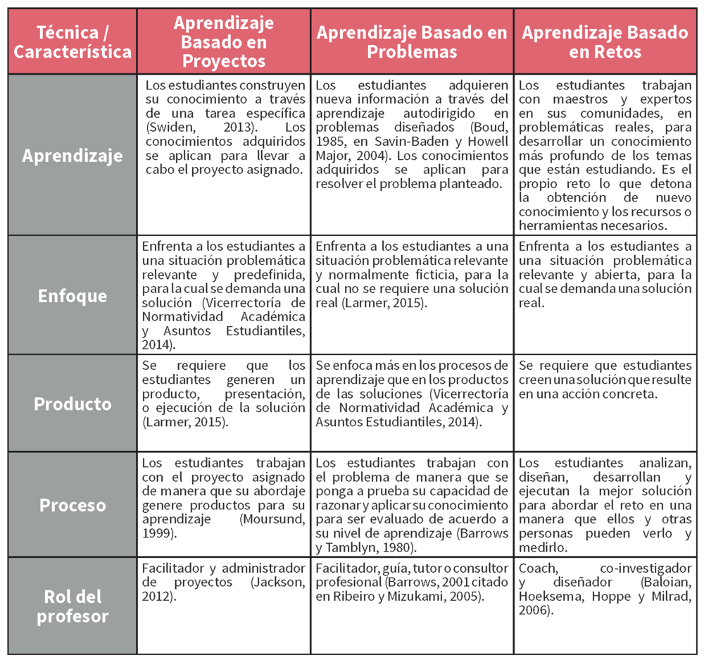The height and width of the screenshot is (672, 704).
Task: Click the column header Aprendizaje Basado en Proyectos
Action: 224,42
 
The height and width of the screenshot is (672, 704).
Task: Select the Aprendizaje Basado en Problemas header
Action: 412,42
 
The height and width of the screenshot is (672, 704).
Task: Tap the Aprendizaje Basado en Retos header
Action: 605,42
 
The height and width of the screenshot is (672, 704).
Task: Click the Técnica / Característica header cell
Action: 73,42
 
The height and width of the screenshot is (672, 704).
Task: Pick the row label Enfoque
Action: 73,295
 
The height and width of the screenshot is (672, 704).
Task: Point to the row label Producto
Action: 73,404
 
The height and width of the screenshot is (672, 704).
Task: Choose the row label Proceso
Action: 73,505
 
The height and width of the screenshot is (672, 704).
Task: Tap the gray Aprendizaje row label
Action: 73,156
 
